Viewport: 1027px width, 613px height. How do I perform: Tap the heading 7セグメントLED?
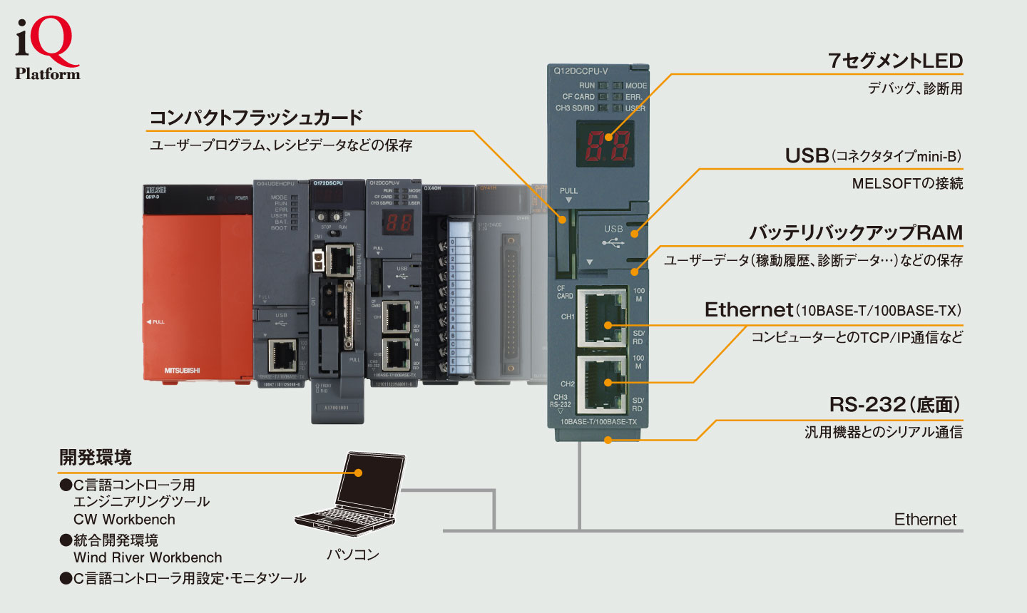point(895,61)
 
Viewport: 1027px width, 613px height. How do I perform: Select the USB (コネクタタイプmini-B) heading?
point(874,156)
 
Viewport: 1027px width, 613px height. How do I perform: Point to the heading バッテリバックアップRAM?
point(856,233)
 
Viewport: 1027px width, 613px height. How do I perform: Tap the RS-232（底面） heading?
point(895,405)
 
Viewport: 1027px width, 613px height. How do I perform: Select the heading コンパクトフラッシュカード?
point(256,118)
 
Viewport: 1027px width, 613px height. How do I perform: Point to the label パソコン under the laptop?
point(353,555)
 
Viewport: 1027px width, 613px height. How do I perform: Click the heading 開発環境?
point(96,458)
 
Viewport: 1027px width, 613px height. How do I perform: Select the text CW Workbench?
point(124,520)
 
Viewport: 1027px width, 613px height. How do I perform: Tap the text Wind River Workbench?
point(148,557)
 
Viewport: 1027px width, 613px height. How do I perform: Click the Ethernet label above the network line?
point(925,520)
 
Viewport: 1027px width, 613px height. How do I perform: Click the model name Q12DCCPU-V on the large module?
point(581,71)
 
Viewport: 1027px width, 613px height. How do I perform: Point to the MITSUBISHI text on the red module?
point(183,371)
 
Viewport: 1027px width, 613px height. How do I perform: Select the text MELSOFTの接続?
point(907,184)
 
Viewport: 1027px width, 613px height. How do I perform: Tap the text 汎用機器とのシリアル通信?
point(884,432)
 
